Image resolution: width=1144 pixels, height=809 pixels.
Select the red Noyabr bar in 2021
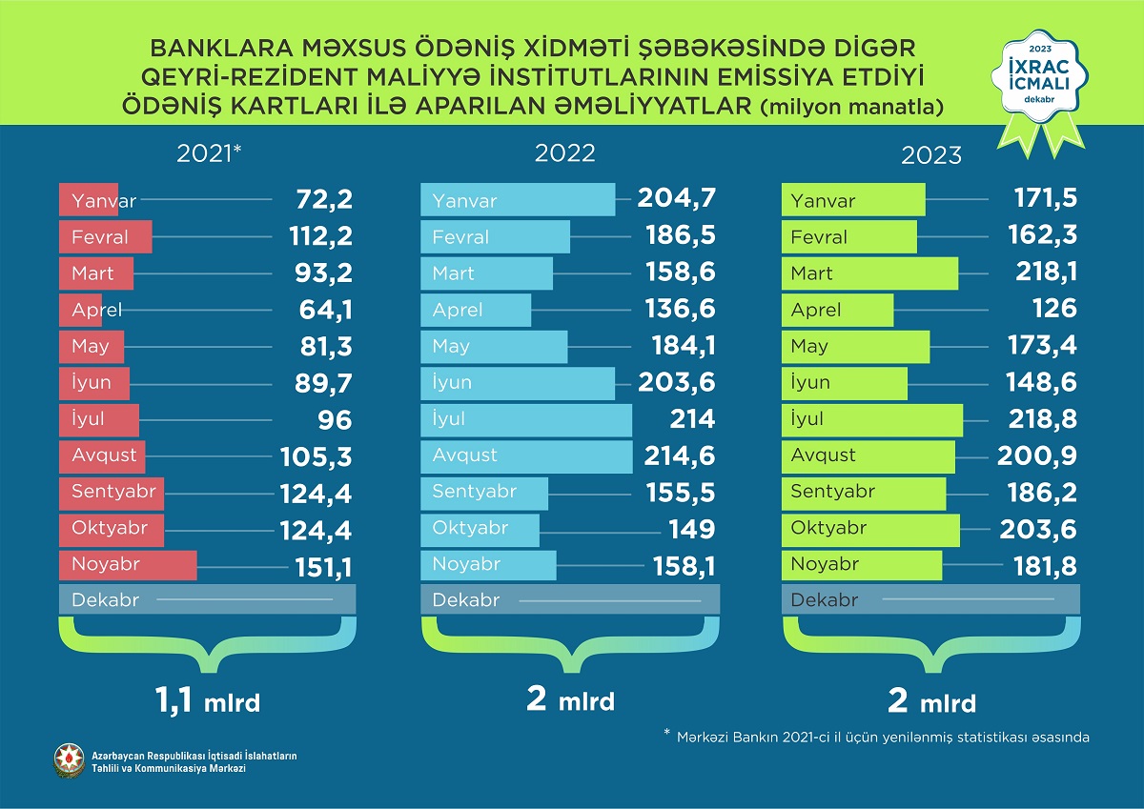coord(128,564)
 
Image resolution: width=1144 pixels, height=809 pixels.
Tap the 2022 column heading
coord(565,153)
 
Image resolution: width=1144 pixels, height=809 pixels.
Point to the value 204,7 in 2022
coord(678,200)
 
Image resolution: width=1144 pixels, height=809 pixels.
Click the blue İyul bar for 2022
coord(526,419)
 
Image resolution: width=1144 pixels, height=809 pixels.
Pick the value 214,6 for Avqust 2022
coord(678,455)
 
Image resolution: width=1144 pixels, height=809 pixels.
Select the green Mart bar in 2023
coord(869,273)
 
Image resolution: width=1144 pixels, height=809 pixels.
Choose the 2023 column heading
coord(930,153)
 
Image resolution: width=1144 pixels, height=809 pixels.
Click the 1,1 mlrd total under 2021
coord(207,702)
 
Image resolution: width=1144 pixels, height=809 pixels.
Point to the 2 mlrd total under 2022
coord(570,700)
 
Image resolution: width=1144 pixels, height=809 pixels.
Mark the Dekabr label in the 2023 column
coord(825,600)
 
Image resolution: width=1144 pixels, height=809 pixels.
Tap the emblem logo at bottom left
coord(69,759)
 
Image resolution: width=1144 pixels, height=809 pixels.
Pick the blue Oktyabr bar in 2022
coord(480,529)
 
